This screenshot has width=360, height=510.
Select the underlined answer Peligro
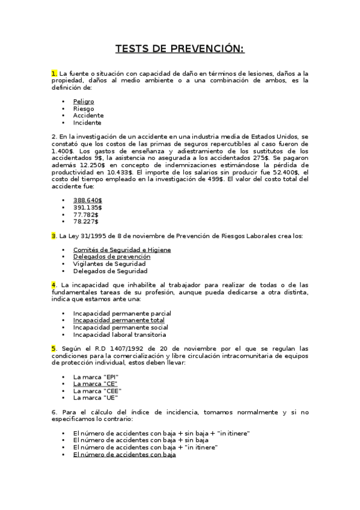point(84,102)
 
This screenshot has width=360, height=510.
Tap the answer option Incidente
point(87,122)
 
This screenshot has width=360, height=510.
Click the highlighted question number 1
point(54,73)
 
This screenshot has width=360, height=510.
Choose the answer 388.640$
point(87,200)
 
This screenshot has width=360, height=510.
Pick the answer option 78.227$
point(86,221)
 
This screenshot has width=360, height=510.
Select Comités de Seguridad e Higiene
point(122,250)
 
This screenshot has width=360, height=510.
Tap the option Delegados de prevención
point(112,257)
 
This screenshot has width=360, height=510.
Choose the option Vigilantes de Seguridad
point(109,263)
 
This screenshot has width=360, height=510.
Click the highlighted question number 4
point(54,284)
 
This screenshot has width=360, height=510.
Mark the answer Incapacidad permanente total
point(119,321)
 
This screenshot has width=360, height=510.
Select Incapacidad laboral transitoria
point(120,334)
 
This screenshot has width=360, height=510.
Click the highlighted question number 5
point(54,348)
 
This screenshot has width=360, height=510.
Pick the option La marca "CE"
point(95,383)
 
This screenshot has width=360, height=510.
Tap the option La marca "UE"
point(96,397)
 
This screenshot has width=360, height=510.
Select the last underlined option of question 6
point(124,455)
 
